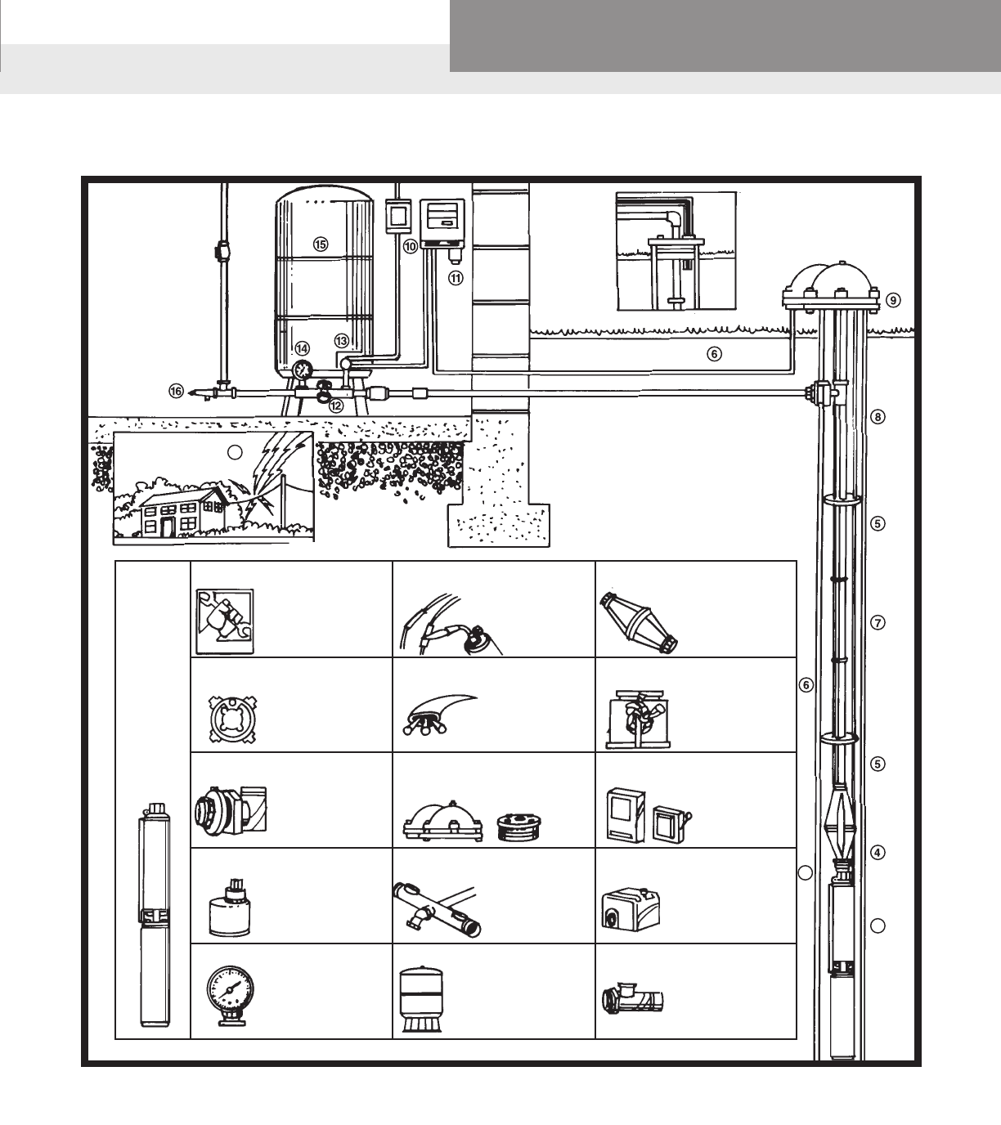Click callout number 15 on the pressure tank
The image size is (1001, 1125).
(x=321, y=244)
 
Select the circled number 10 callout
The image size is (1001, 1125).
(x=410, y=247)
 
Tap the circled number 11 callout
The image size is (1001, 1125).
(x=456, y=278)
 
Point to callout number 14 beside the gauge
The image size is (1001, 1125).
(x=303, y=349)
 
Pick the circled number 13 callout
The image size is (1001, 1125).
(x=341, y=341)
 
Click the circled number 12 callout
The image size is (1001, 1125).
(x=336, y=406)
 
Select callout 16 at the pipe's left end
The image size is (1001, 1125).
(x=176, y=392)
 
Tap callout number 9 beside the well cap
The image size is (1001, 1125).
(x=893, y=300)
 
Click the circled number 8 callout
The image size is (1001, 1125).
(x=878, y=417)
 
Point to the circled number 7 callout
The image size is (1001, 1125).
(x=878, y=623)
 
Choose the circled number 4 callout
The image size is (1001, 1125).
(x=878, y=853)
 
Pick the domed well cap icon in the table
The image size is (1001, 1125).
(x=442, y=822)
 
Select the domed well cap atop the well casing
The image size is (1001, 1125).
(x=831, y=287)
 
